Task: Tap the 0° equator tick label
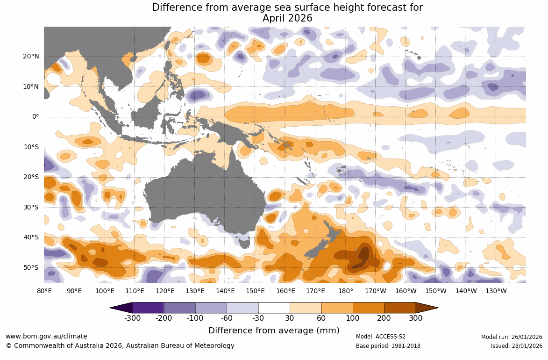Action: coord(36,117)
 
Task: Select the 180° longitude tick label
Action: coord(346,291)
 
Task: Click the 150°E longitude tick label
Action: coord(255,291)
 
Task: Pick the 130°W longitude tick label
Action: coord(496,291)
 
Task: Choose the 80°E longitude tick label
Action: coord(44,291)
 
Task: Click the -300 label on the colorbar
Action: coord(133,318)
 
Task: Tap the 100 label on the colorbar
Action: coord(353,318)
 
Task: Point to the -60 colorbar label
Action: coord(227,318)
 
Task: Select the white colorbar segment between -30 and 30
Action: coord(274,308)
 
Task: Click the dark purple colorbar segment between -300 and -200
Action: coord(148,308)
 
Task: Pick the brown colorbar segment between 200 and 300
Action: coord(400,308)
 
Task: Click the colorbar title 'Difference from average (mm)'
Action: coord(274,331)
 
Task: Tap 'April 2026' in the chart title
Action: coord(287,18)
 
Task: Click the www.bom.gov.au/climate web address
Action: coord(46,336)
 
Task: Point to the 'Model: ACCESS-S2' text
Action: coord(381,337)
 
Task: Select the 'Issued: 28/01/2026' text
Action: coord(516,346)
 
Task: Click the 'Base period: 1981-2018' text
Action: coord(388,346)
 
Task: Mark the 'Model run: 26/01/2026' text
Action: coord(512,337)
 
